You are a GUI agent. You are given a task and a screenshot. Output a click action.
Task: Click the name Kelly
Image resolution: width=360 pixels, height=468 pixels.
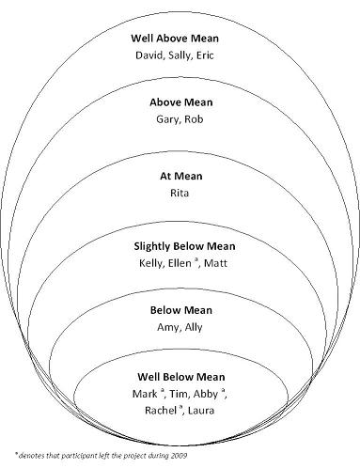[149, 263]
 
